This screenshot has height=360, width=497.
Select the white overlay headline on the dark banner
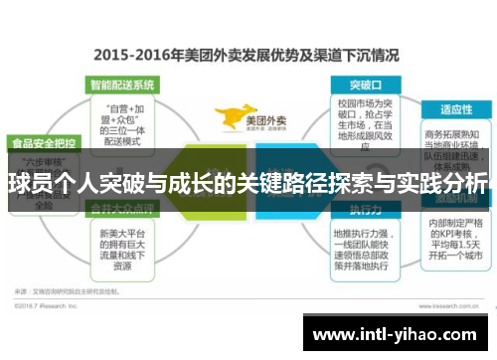pos(248,183)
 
